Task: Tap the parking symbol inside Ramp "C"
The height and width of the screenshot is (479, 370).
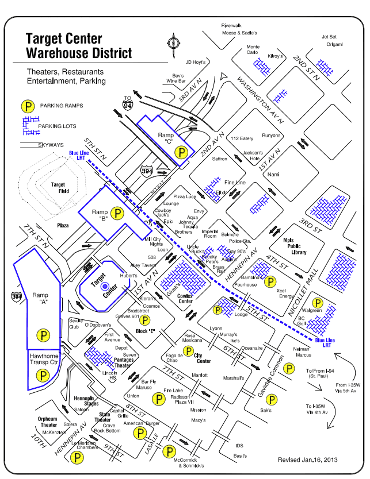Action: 181,153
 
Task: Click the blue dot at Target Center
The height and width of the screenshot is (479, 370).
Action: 104,285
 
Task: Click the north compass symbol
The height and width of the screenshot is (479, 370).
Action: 172,44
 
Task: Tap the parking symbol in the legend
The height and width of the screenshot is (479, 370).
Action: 27,106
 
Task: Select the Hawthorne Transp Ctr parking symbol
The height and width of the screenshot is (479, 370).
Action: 42,375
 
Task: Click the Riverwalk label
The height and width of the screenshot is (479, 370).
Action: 231,25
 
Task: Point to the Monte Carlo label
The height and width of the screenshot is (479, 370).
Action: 253,49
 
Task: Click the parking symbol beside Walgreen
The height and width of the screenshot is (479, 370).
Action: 316,303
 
